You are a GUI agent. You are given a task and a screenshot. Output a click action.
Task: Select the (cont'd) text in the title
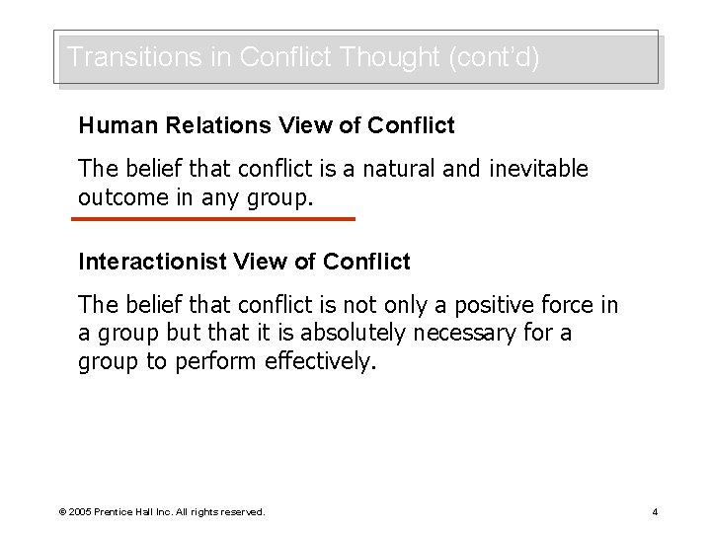[494, 57]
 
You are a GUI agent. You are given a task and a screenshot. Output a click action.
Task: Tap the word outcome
[118, 196]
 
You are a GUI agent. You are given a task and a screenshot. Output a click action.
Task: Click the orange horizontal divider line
[215, 218]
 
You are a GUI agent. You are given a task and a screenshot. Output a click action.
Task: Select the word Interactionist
[150, 262]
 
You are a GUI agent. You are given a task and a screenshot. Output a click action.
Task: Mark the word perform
[216, 360]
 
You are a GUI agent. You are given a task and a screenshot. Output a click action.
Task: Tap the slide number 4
[655, 511]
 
